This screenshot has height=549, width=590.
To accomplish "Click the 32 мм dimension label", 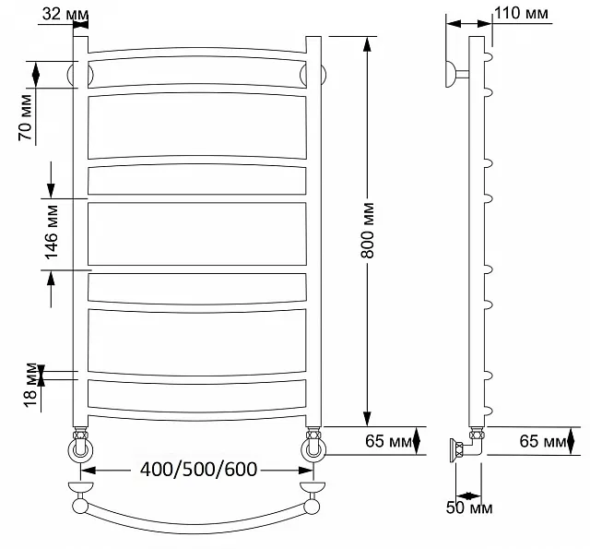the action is tap(65, 15).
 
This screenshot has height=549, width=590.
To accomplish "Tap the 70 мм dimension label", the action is tap(26, 117).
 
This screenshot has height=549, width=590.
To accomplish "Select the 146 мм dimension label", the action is tap(52, 233).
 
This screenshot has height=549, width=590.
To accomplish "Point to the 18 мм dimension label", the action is tap(30, 385).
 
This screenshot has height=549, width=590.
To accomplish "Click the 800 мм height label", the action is tap(368, 231).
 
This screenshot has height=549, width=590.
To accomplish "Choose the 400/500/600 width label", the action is tap(199, 469).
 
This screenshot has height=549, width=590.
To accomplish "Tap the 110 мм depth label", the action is tap(521, 14).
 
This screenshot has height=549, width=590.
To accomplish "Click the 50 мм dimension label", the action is tap(469, 508).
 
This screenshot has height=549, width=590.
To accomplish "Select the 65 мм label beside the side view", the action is tap(543, 441).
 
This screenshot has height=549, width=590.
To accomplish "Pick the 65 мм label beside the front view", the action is tap(388, 441).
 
